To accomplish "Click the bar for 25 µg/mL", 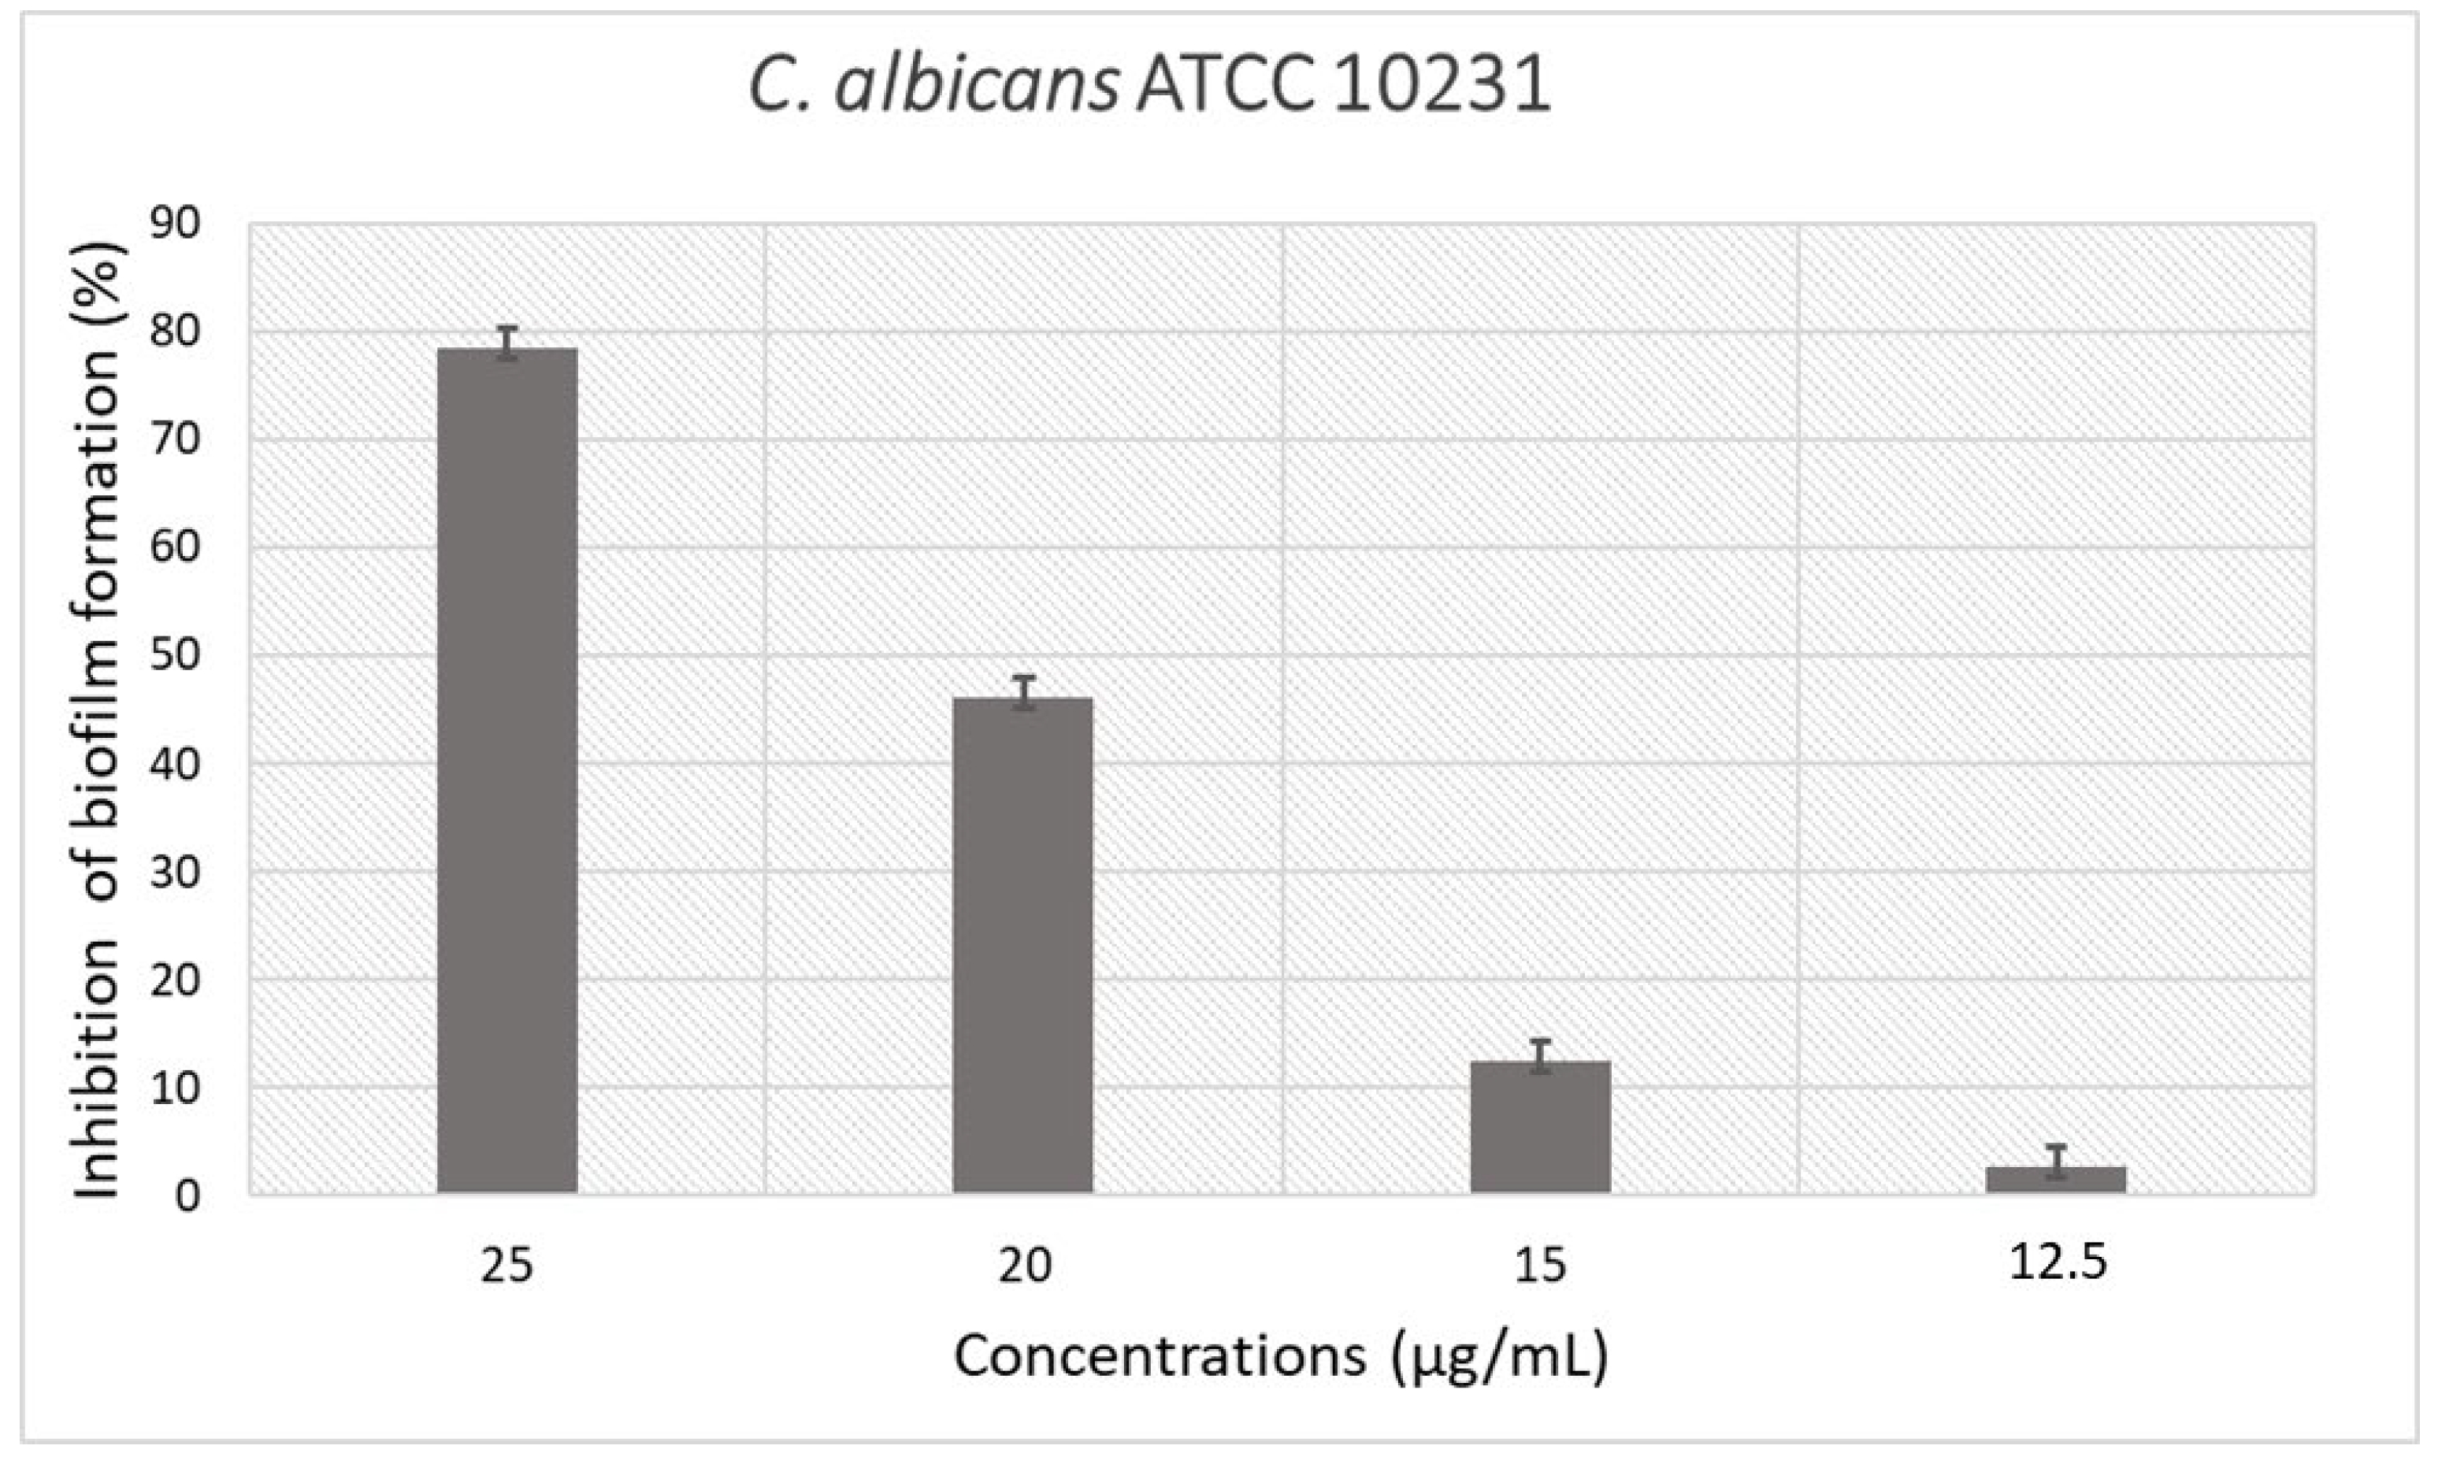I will [507, 769].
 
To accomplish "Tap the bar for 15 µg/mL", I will [1540, 1127].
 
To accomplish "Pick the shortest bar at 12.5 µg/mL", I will [2056, 1180].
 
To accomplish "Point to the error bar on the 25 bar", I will [507, 343].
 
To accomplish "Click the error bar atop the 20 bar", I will [1024, 692].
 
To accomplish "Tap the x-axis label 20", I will [1024, 1266].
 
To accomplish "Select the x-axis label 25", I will [507, 1266].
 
